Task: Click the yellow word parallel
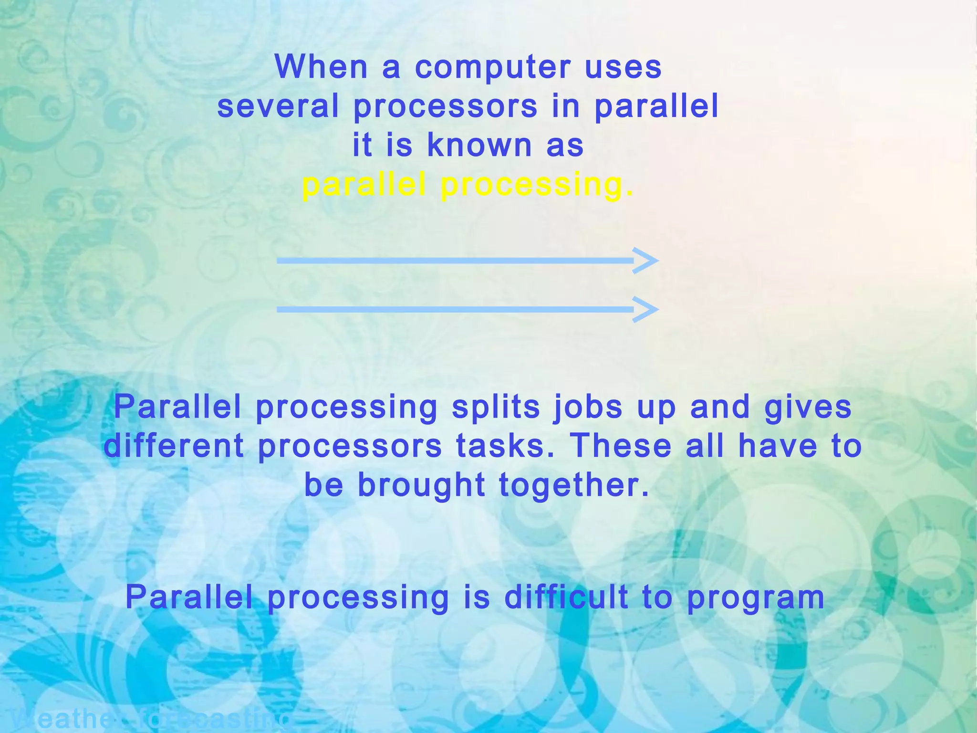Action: [364, 185]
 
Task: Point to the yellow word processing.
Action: [537, 186]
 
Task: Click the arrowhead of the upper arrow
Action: [646, 261]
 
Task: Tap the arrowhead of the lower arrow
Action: [646, 309]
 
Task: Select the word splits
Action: [496, 408]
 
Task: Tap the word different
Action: [174, 446]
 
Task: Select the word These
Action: [621, 446]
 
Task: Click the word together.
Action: [574, 485]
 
